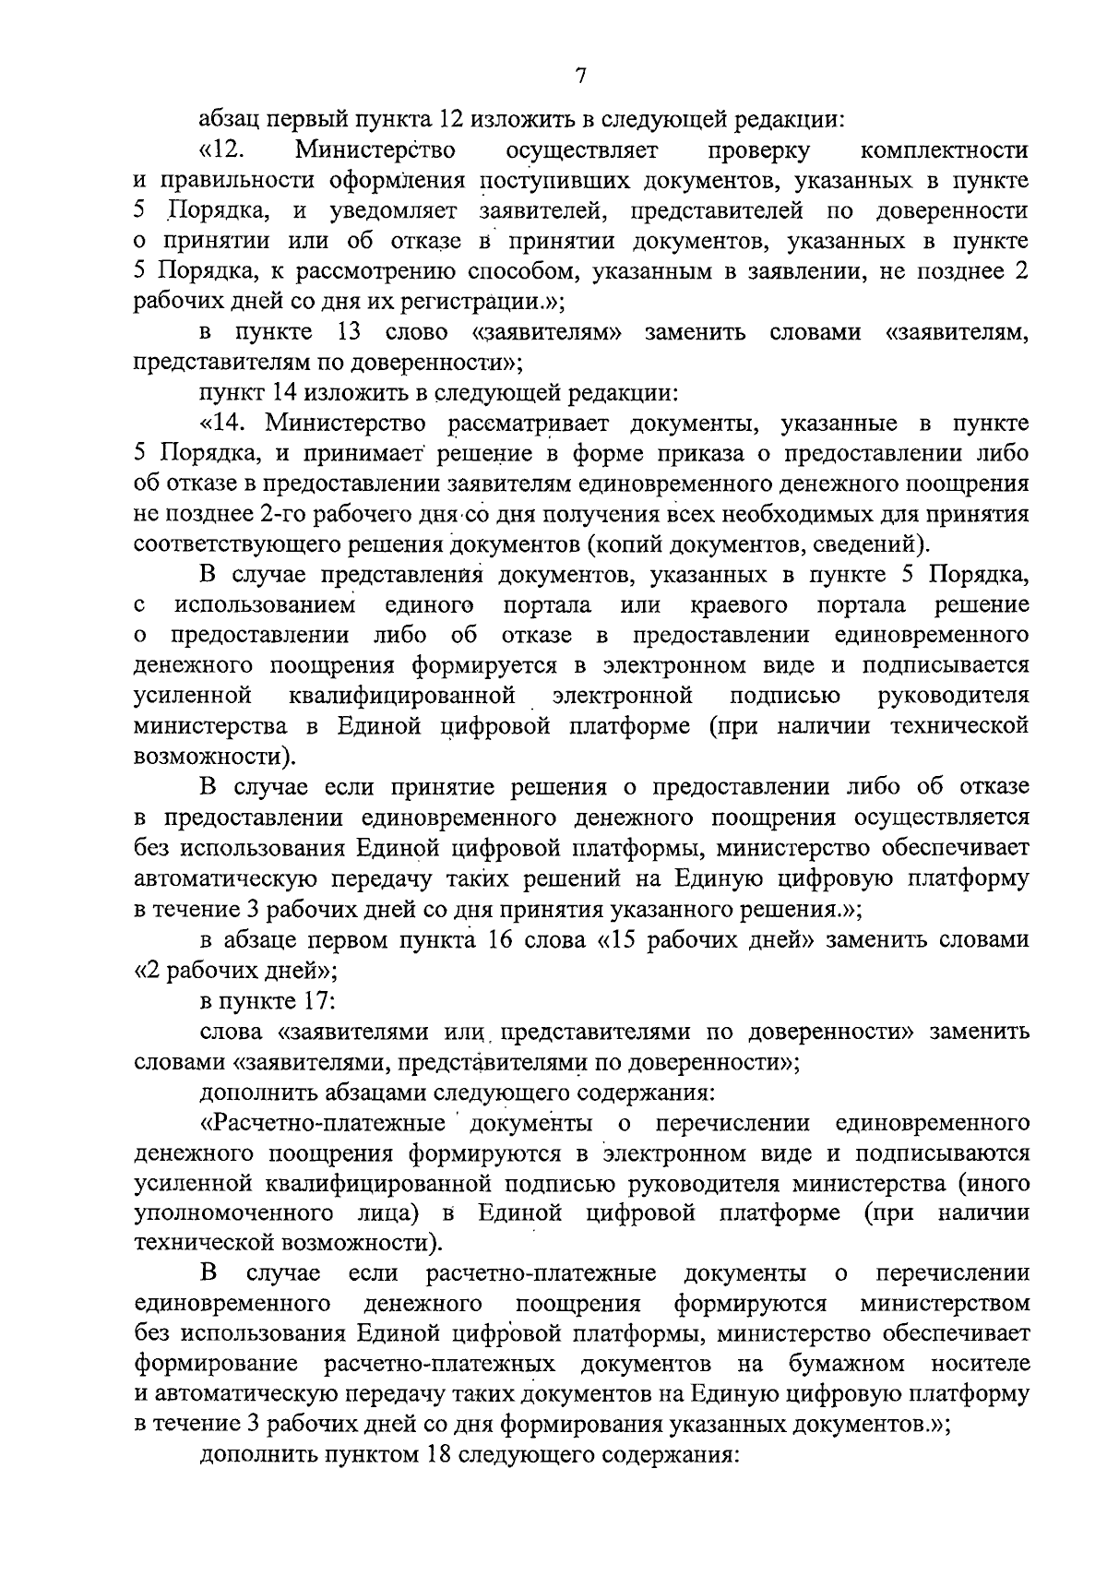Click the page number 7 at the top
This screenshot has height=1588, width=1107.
[579, 77]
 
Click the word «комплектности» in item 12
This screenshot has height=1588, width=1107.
[944, 149]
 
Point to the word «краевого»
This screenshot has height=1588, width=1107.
[739, 605]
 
